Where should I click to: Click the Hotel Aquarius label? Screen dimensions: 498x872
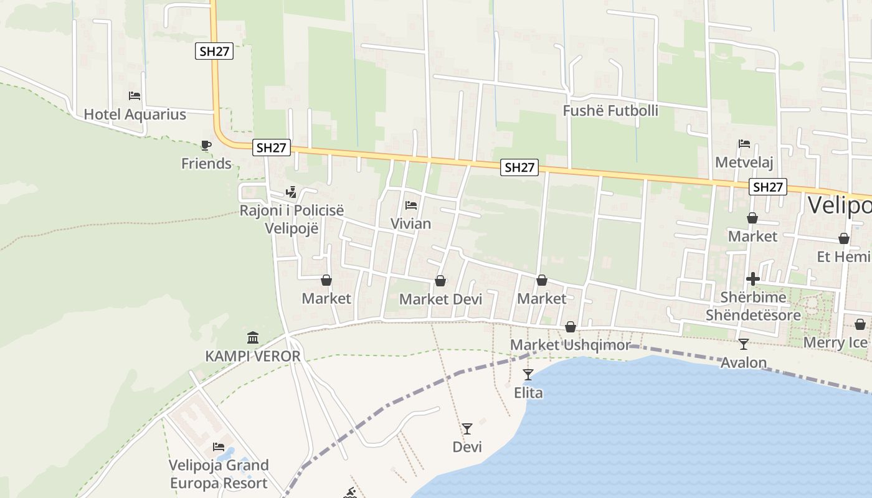(x=135, y=115)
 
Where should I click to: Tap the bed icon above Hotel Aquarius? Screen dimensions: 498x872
(x=135, y=96)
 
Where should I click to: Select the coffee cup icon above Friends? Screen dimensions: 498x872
(x=206, y=146)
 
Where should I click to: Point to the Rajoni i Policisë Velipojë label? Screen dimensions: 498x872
(x=291, y=219)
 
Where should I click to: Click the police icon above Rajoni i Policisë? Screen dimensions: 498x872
(x=291, y=192)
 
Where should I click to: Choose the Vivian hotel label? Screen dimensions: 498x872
(x=410, y=223)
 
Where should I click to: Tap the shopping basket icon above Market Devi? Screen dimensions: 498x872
(x=440, y=281)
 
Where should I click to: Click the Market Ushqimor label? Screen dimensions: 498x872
(x=570, y=345)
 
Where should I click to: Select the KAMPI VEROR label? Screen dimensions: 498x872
(x=253, y=357)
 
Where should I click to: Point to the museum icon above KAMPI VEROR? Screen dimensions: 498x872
(x=253, y=338)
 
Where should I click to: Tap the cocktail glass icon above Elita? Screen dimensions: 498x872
(x=528, y=374)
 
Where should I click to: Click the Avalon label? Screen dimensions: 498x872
(x=743, y=362)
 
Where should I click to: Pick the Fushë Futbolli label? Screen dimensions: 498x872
(x=610, y=111)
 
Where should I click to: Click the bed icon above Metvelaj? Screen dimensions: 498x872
(x=744, y=144)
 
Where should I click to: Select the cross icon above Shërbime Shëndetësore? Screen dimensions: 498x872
(x=753, y=279)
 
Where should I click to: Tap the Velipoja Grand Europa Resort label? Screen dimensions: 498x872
(x=219, y=474)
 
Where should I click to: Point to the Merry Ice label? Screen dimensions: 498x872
(x=835, y=342)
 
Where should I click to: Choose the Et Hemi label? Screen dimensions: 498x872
(x=843, y=256)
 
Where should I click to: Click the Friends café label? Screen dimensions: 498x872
(x=206, y=164)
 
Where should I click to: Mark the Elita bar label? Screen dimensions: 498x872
(x=528, y=393)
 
